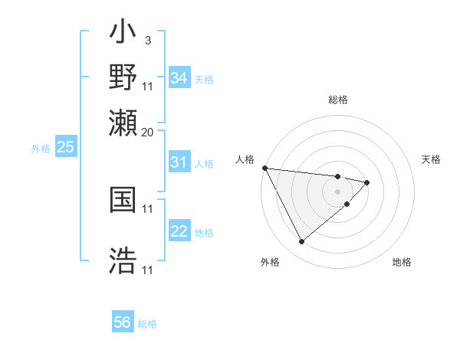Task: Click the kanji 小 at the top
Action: pos(123,34)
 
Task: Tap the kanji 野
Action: pos(123,77)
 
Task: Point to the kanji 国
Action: pos(123,200)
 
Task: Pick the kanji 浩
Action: pos(123,260)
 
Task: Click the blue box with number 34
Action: pos(179,78)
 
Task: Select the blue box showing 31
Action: pos(179,162)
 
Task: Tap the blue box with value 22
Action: pos(179,231)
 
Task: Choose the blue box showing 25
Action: pos(65,147)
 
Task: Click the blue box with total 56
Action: pos(123,322)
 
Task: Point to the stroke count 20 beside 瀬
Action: pos(147,132)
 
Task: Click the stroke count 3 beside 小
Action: pos(147,40)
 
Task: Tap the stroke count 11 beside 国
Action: pos(148,208)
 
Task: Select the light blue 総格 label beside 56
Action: pos(147,324)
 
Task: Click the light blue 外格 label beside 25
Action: pos(41,149)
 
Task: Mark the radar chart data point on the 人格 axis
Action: pos(264,168)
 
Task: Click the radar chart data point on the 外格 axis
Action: pos(301,242)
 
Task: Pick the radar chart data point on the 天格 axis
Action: pos(367,182)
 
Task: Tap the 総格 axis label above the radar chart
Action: pos(337,100)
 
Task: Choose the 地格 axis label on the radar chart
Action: pos(402,262)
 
